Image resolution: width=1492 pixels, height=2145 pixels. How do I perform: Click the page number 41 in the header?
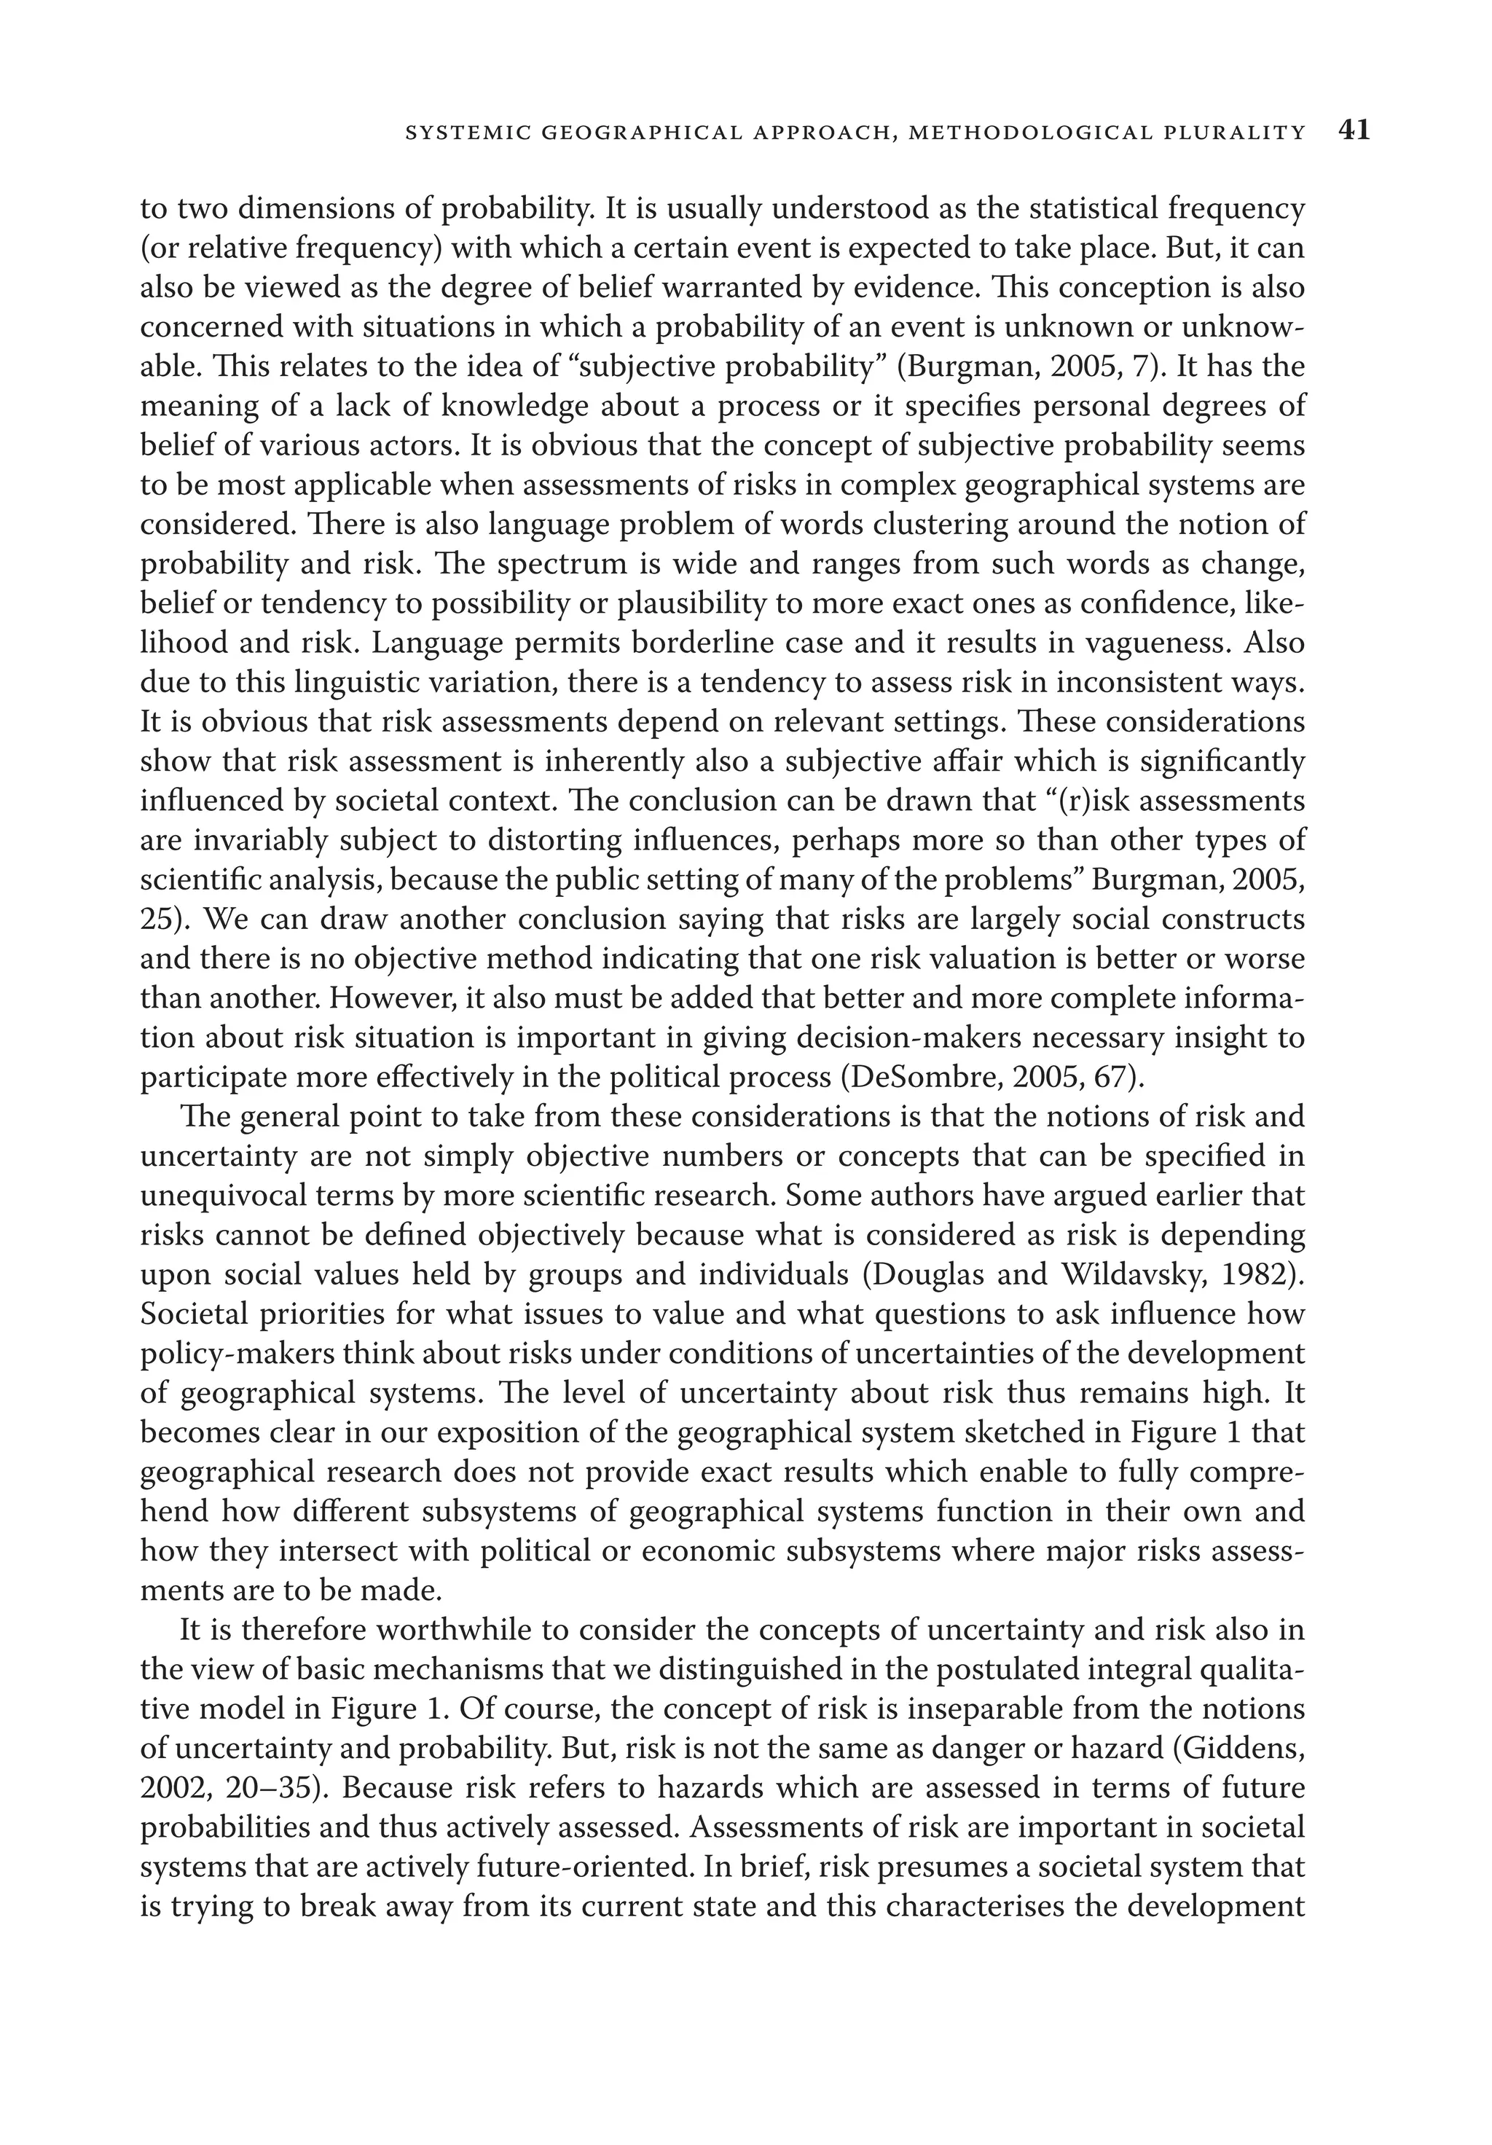[x=1354, y=131]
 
